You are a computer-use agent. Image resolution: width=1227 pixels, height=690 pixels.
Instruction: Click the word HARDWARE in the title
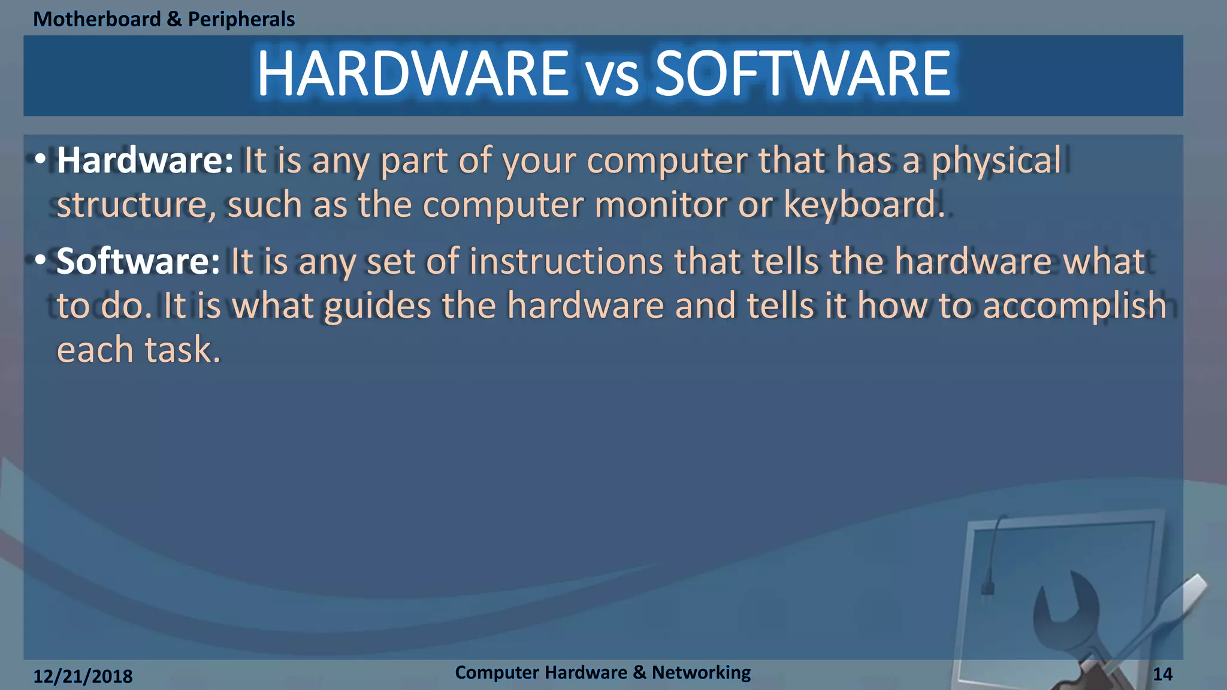pos(413,74)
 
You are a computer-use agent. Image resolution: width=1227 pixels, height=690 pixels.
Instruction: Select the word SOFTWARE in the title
pos(803,74)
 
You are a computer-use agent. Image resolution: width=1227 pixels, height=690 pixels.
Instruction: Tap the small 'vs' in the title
pos(612,78)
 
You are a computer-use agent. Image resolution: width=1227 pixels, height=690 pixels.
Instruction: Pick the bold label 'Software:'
pos(138,262)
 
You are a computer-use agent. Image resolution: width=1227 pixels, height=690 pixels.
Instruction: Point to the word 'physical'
pos(996,162)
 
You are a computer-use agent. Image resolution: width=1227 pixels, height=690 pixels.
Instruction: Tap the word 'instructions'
pos(566,262)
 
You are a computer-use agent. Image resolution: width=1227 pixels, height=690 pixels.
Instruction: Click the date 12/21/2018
pos(83,676)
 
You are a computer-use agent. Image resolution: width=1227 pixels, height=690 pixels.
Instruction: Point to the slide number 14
pos(1162,674)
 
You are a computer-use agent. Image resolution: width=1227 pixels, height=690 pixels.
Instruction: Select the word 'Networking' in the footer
pos(701,673)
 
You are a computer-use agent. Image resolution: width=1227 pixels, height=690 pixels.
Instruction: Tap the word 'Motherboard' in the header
pos(97,19)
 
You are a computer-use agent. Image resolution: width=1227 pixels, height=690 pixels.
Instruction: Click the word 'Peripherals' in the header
pos(241,19)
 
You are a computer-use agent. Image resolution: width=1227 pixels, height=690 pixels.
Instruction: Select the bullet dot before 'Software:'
pos(40,261)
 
